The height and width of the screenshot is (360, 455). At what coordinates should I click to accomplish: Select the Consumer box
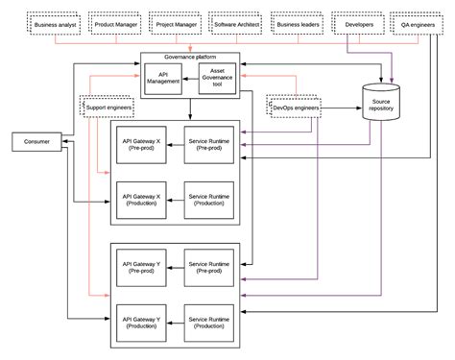click(36, 143)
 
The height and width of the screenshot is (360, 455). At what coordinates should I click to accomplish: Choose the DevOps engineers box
click(294, 107)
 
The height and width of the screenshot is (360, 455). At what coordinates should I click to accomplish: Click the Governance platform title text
click(189, 58)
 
